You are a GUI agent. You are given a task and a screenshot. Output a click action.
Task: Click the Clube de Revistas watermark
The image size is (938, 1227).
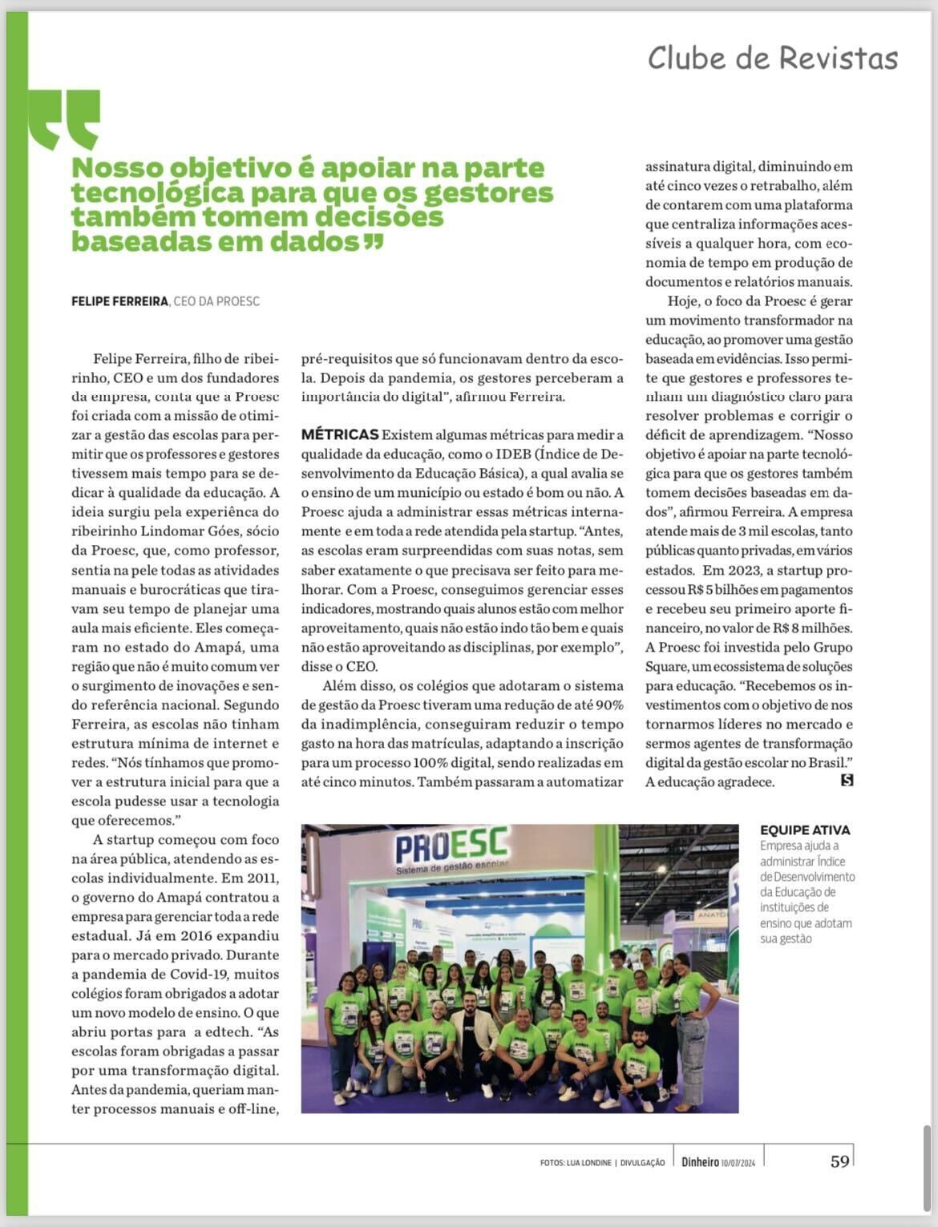tap(772, 59)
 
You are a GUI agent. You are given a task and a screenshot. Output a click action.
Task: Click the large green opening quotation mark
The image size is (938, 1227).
tap(64, 119)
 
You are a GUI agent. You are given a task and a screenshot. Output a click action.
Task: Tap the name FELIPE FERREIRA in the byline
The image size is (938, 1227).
tap(119, 301)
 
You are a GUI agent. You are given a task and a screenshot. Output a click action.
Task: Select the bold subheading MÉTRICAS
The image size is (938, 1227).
tap(339, 434)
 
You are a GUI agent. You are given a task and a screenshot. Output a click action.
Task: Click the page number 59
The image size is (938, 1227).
tap(839, 1161)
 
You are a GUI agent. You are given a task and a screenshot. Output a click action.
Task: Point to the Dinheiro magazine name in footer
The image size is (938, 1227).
tap(700, 1162)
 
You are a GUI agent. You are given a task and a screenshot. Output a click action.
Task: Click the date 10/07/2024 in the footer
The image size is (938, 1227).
tap(738, 1163)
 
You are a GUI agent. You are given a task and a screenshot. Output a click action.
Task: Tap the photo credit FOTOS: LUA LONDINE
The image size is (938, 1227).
tap(576, 1163)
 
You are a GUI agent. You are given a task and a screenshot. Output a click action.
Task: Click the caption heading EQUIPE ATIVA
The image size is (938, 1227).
tap(804, 830)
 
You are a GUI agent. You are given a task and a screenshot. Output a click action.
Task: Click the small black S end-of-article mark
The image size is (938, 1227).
tap(847, 780)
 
